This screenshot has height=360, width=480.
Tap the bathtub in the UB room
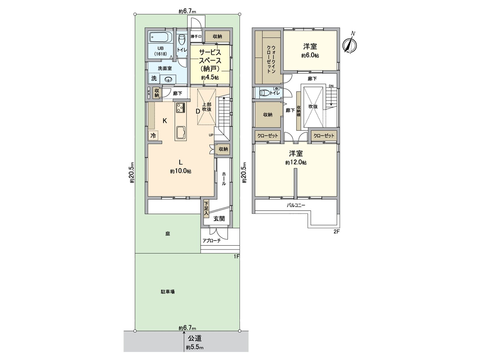click(x=160, y=37)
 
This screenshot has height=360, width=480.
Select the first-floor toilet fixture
click(x=182, y=40)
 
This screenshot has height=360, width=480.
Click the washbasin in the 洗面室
click(x=169, y=79)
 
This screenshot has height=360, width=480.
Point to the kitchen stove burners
click(x=181, y=107)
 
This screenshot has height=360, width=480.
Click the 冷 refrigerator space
click(x=153, y=136)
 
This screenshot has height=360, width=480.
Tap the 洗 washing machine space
click(x=154, y=78)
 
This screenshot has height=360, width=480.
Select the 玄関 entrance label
click(x=219, y=218)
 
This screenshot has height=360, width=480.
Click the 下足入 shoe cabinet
click(x=206, y=209)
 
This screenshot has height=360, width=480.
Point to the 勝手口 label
click(x=196, y=36)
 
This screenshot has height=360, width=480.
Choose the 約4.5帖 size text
click(x=210, y=78)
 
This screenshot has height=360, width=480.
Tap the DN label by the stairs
click(x=331, y=86)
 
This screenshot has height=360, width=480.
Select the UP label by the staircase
click(x=211, y=135)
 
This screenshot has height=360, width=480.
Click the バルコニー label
click(x=296, y=205)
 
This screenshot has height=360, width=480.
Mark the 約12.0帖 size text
click(x=296, y=162)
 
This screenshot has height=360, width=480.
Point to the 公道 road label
click(x=195, y=339)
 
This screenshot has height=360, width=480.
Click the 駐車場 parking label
click(x=168, y=292)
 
